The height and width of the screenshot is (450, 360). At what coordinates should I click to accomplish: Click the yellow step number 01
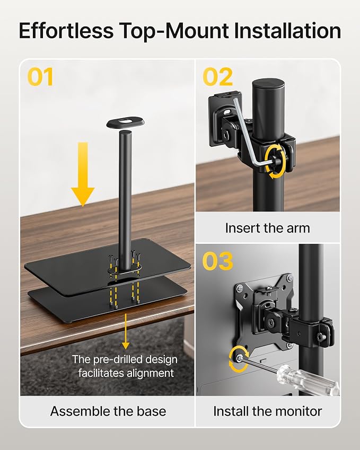40,77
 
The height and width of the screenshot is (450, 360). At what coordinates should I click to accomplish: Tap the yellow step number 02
217,77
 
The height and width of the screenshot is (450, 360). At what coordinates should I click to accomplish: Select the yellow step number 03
217,261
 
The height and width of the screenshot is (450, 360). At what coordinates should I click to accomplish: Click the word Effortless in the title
66,31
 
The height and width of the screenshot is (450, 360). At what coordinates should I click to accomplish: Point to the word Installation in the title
287,31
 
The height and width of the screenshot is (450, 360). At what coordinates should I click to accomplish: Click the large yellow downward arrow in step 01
83,174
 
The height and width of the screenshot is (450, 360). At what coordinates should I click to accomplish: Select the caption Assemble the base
108,411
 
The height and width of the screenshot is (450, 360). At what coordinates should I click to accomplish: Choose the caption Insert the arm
268,228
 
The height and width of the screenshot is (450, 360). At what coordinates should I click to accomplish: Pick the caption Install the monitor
268,411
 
